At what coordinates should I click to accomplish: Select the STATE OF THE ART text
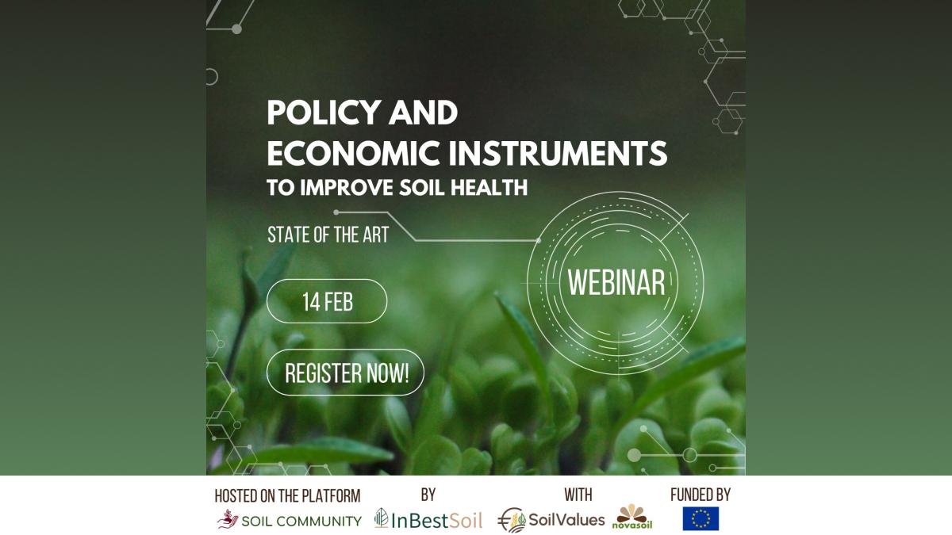pyautogui.click(x=328, y=235)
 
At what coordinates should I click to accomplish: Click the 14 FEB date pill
pyautogui.click(x=327, y=301)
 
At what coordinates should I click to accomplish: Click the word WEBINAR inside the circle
pyautogui.click(x=616, y=283)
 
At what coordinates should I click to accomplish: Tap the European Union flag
pyautogui.click(x=701, y=518)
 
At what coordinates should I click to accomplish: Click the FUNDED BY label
pyautogui.click(x=701, y=495)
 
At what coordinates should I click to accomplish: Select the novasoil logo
pyautogui.click(x=632, y=517)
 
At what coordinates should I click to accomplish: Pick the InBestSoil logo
pyautogui.click(x=428, y=520)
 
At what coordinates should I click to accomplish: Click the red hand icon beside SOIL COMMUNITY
pyautogui.click(x=228, y=519)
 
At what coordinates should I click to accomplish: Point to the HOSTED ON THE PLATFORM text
pyautogui.click(x=287, y=496)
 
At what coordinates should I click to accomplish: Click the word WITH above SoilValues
pyautogui.click(x=578, y=495)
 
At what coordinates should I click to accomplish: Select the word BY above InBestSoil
pyautogui.click(x=428, y=495)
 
